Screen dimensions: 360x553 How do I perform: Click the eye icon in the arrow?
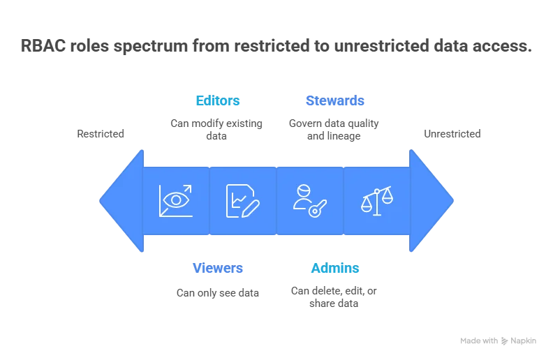coord(175,200)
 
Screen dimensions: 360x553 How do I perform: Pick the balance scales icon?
coord(376,200)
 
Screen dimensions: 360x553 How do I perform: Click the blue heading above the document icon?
coord(217,100)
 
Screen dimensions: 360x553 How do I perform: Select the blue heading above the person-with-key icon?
coord(336,100)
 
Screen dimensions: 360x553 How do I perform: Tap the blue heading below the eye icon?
coord(217,268)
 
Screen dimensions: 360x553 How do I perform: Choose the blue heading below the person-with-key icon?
coord(336,268)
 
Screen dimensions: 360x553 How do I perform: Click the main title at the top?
coord(276,47)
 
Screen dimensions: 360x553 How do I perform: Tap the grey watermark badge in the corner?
coord(496,340)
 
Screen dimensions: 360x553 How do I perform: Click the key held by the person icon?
coord(318,207)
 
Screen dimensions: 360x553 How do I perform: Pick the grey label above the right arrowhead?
coord(452,133)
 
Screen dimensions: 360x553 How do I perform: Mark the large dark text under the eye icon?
coord(217,294)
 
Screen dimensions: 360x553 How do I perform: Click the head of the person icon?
coord(303,190)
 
